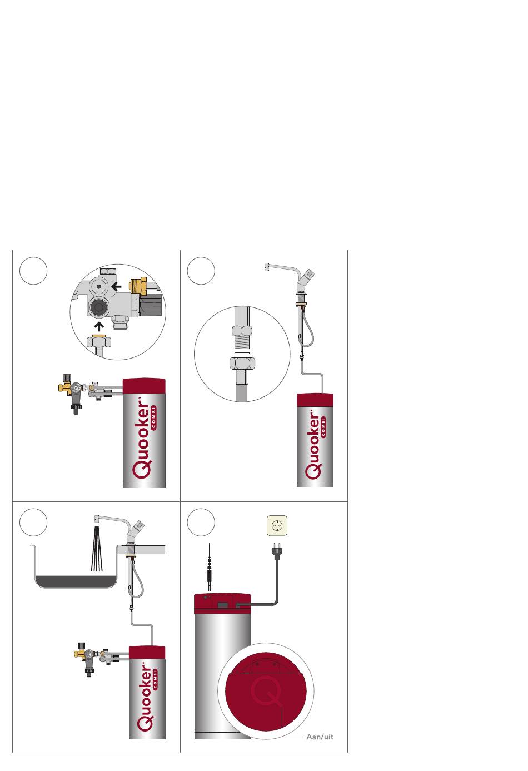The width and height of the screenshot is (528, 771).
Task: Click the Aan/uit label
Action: coord(320,737)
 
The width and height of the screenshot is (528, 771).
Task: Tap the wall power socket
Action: coord(277,526)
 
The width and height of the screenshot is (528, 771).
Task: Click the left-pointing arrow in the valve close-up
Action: coord(116,286)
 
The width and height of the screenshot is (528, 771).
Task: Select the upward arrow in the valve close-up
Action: coord(99,326)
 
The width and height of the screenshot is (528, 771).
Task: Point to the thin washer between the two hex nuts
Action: coord(242,353)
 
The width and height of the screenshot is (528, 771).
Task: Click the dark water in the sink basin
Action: coord(76,581)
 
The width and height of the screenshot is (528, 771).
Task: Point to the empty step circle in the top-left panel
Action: coord(33,271)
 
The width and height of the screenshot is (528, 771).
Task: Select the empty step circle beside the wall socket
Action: coord(201,522)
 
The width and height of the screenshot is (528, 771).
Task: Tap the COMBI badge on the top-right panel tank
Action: coord(323,427)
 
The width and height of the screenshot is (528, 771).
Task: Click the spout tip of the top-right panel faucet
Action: coord(266,267)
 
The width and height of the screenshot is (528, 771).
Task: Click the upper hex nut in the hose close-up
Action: coord(242,331)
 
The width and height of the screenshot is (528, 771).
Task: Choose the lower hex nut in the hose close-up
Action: coord(242,363)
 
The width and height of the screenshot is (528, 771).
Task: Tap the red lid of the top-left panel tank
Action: coord(144,386)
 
